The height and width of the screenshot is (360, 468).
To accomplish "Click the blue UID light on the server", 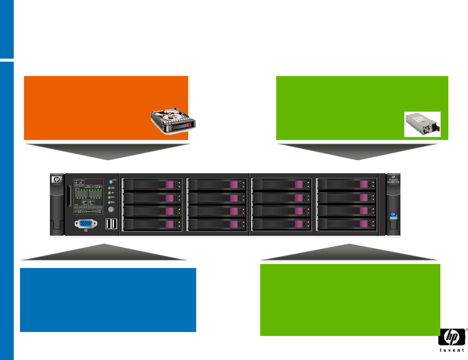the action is [111, 182].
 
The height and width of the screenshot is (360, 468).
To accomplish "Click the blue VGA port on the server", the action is [86, 224].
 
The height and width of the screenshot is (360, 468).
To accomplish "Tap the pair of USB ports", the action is [111, 224].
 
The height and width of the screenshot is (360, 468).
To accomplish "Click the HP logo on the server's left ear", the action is [57, 180].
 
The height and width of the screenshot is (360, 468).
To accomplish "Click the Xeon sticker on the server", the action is [393, 216].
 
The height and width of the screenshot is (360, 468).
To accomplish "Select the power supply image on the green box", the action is [422, 124].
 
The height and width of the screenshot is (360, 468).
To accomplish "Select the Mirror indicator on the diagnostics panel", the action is [89, 211].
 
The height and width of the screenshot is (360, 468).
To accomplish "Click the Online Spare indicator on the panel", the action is [79, 211].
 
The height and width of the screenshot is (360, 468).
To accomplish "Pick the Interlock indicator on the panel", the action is [98, 211].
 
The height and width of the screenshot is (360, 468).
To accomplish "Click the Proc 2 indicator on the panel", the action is [92, 202].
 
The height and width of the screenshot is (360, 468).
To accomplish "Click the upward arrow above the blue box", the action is [104, 252].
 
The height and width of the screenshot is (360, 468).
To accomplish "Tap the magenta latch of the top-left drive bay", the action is [169, 185].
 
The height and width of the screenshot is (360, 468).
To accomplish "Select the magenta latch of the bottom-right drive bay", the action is [364, 224].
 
